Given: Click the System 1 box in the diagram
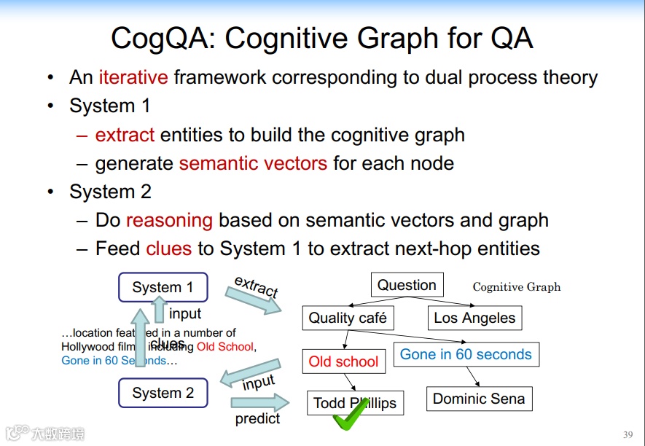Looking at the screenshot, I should pyautogui.click(x=163, y=287).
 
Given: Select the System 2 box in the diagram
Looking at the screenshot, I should pyautogui.click(x=163, y=394).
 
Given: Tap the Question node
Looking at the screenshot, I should pyautogui.click(x=407, y=285).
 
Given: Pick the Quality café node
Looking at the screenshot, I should pyautogui.click(x=348, y=318).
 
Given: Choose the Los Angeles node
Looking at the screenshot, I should pyautogui.click(x=474, y=318).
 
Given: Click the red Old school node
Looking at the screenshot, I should pyautogui.click(x=343, y=361).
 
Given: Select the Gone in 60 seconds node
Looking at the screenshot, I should pyautogui.click(x=466, y=355).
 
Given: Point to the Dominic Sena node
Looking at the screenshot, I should pyautogui.click(x=478, y=399).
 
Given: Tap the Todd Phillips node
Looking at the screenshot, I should pyautogui.click(x=355, y=403).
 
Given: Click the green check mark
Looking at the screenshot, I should pyautogui.click(x=348, y=414).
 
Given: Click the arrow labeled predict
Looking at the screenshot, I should pyautogui.click(x=259, y=402).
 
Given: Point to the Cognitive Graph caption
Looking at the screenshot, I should pyautogui.click(x=517, y=286).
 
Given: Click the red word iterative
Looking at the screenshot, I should pyautogui.click(x=133, y=77).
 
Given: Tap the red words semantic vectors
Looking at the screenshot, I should pyautogui.click(x=253, y=163).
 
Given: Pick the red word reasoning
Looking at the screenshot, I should pyautogui.click(x=169, y=220).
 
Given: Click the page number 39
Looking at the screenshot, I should pyautogui.click(x=628, y=434).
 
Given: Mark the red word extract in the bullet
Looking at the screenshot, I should pyautogui.click(x=125, y=135).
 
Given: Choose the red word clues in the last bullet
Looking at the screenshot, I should pyautogui.click(x=168, y=249).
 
